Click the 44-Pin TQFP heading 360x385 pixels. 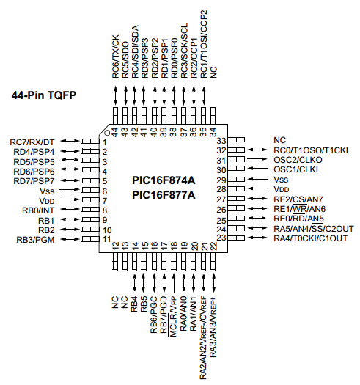click(44, 95)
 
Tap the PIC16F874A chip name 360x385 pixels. click(164, 180)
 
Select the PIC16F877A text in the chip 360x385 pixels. click(164, 195)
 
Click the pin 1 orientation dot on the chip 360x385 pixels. click(107, 133)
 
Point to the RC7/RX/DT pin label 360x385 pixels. click(32, 142)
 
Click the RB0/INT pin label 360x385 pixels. click(38, 210)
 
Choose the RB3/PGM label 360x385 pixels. click(35, 240)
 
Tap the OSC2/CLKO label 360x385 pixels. click(298, 160)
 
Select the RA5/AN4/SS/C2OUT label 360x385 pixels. click(314, 229)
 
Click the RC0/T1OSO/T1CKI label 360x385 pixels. click(311, 150)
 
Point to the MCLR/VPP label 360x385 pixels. click(173, 317)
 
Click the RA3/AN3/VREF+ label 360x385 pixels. click(213, 327)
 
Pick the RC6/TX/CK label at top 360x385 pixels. click(115, 56)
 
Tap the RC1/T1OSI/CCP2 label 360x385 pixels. click(204, 44)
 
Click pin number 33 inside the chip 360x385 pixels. click(221, 141)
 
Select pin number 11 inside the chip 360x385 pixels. click(107, 239)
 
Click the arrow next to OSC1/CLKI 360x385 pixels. click(257, 169)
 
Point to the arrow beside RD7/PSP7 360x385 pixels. click(70, 180)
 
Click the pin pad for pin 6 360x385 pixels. click(90, 190)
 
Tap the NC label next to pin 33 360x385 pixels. click(279, 140)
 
